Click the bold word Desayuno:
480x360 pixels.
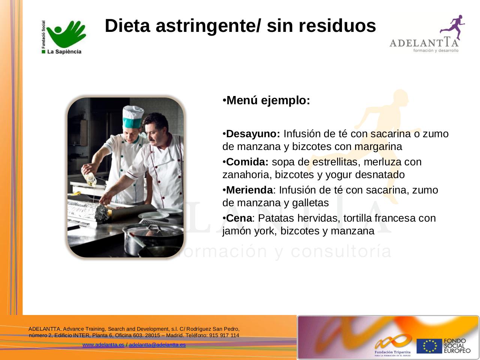pos(253,134)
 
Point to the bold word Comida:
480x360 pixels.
pos(247,162)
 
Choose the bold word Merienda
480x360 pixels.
pos(249,190)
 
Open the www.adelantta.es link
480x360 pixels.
pos(103,345)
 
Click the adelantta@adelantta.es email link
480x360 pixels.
pos(157,345)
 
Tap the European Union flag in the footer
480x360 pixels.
pos(429,346)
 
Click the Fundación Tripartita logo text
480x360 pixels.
pos(393,352)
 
